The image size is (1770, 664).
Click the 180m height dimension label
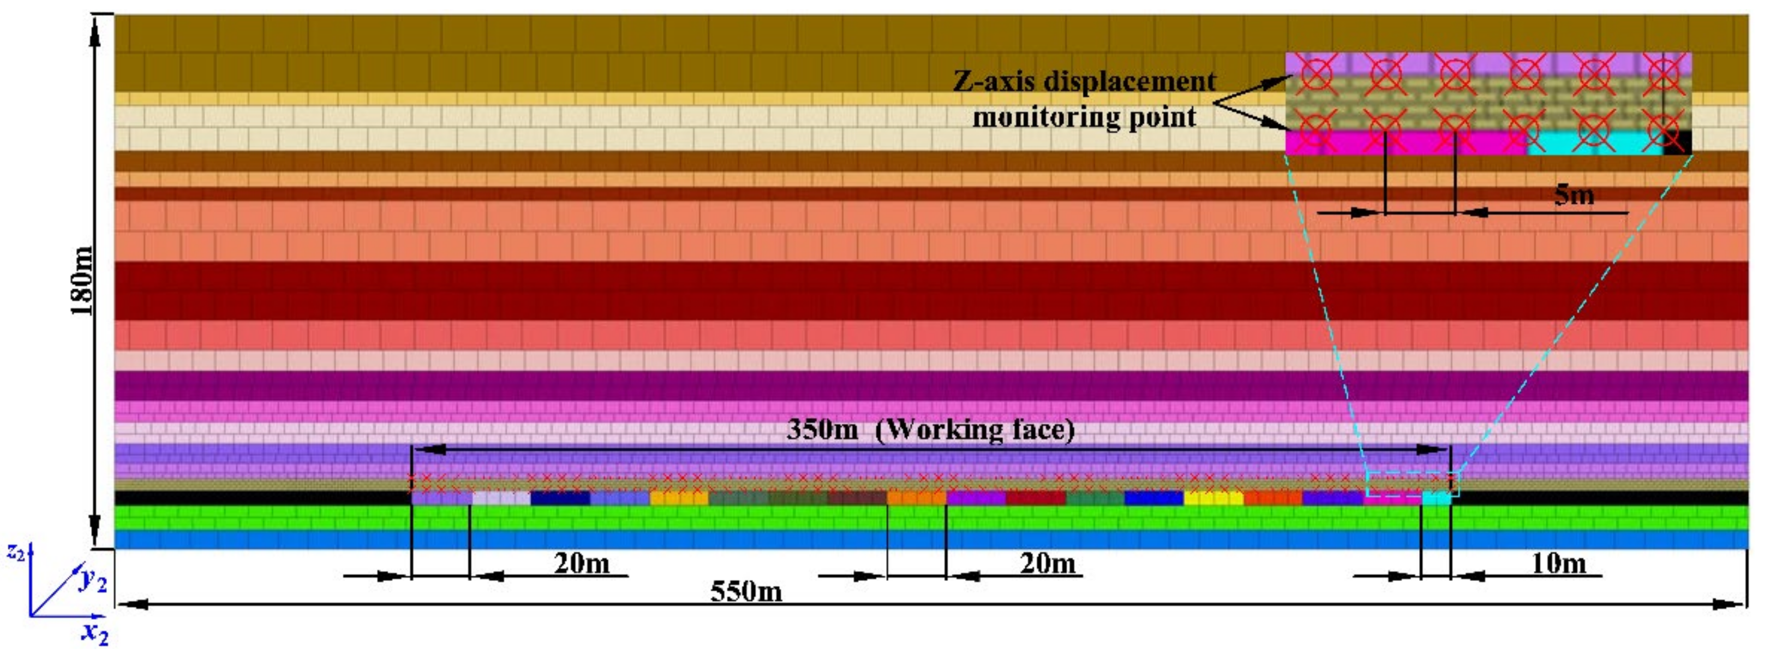pos(82,281)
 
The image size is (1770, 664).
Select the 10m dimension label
pos(1558,564)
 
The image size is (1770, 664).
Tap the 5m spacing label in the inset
pos(1574,195)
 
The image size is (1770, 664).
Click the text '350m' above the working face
pos(822,430)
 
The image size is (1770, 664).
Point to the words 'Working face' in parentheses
pos(975,430)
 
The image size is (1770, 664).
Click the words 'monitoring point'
pos(1084,117)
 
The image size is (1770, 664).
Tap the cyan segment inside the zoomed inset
pos(1594,143)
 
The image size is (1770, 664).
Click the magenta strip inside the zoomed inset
pos(1402,143)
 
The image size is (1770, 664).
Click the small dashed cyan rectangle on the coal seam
pos(1412,484)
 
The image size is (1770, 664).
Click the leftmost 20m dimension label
pos(581,564)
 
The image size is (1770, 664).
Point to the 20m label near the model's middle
pos(1047,564)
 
